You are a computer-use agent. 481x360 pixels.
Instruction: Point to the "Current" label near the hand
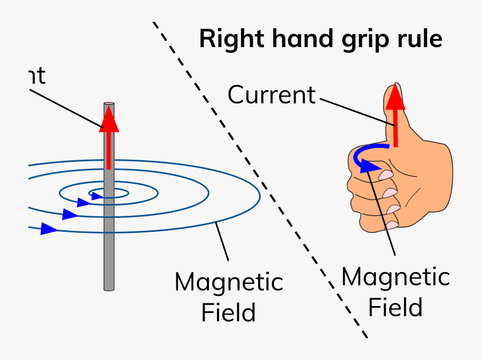(271, 95)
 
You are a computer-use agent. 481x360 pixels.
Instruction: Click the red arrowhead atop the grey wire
(108, 119)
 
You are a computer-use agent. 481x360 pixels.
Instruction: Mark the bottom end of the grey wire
(109, 288)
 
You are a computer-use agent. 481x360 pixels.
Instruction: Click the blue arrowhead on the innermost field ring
(97, 196)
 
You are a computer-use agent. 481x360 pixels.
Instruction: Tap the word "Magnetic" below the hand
(395, 278)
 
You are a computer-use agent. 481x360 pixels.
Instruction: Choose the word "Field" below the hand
(395, 308)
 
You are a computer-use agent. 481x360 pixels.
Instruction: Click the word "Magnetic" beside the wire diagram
(229, 282)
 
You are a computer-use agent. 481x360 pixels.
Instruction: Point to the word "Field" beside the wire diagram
(228, 312)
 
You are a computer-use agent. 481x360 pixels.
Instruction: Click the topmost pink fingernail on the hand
(386, 174)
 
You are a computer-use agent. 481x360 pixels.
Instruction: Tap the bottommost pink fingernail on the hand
(393, 223)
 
